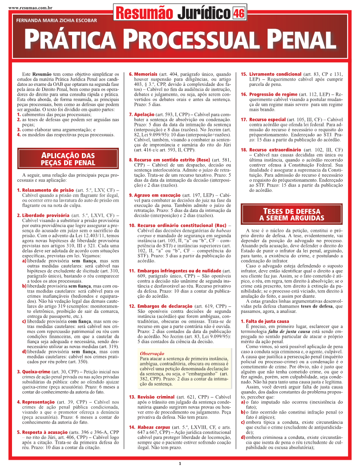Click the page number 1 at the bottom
click(x=180, y=464)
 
